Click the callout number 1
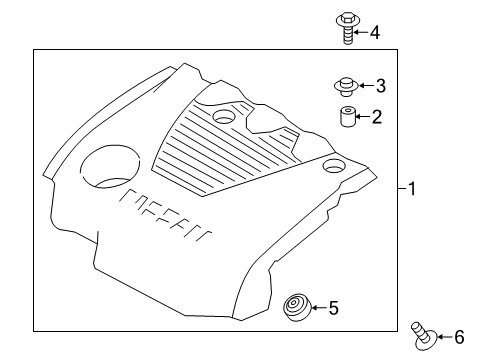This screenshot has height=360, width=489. click(x=412, y=189)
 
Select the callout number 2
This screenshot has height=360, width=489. click(x=377, y=117)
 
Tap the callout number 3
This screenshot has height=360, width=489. click(x=381, y=86)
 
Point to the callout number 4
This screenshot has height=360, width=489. click(x=375, y=33)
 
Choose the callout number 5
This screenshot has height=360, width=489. click(x=334, y=308)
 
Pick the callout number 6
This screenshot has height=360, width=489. click(x=459, y=337)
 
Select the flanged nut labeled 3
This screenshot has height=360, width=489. click(x=347, y=87)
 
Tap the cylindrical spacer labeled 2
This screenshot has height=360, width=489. click(x=347, y=117)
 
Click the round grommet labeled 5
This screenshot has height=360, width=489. click(x=297, y=307)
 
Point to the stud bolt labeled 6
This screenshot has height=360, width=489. click(x=424, y=337)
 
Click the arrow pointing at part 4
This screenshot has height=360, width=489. click(x=360, y=32)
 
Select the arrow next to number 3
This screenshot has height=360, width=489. click(x=366, y=86)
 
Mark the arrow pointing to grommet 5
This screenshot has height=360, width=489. click(x=319, y=308)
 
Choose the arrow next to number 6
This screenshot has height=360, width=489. click(x=444, y=337)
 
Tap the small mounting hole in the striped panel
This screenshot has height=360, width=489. click(x=224, y=116)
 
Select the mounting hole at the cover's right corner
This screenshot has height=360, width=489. click(x=333, y=165)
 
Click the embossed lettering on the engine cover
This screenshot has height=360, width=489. click(x=166, y=216)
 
